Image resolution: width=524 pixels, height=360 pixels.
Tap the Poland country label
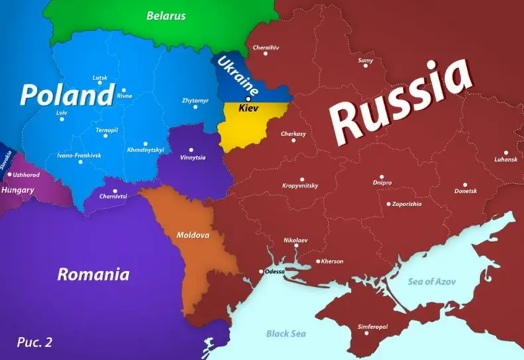[67, 95]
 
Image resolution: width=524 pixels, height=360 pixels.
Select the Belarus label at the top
[166, 15]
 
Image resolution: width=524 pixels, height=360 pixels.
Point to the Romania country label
[93, 274]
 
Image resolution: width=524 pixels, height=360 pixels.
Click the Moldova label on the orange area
[193, 235]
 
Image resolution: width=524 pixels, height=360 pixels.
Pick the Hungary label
[18, 190]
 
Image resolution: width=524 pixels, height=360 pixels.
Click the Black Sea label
[288, 333]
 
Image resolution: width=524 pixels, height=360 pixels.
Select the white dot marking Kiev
[248, 99]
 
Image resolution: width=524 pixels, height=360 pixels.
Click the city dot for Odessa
[261, 272]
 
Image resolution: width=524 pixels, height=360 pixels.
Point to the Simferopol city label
[373, 327]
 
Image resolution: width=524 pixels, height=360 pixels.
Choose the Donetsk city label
[466, 191]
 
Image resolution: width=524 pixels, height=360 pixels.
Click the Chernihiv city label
[266, 47]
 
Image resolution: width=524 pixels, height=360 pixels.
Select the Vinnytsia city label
[193, 158]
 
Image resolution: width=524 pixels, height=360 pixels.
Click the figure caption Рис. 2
[34, 343]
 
